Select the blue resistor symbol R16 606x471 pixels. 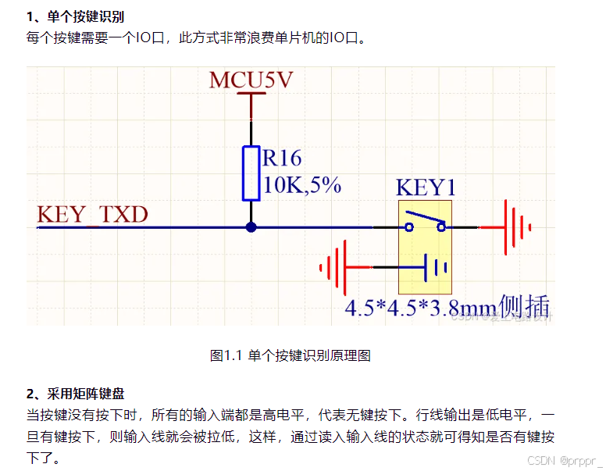pyautogui.click(x=251, y=173)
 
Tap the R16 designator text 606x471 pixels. pyautogui.click(x=282, y=159)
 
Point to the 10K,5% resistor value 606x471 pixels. pyautogui.click(x=302, y=184)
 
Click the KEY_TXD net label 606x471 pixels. pyautogui.click(x=92, y=215)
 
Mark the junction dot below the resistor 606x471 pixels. pyautogui.click(x=251, y=227)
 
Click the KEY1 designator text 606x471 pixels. pyautogui.click(x=426, y=188)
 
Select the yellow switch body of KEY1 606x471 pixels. pyautogui.click(x=426, y=247)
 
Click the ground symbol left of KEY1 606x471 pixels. pyautogui.click(x=335, y=268)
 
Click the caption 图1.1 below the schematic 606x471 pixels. pyautogui.click(x=291, y=355)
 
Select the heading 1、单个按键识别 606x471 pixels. pyautogui.click(x=75, y=16)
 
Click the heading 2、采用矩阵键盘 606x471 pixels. pyautogui.click(x=75, y=394)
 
